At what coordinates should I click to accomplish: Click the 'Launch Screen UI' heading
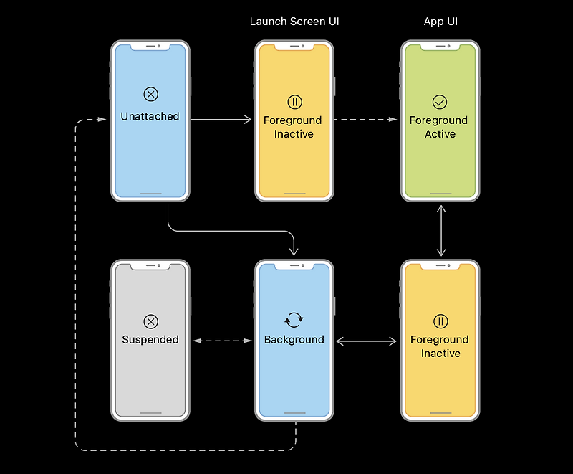pyautogui.click(x=294, y=22)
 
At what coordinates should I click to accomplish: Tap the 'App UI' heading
pyautogui.click(x=440, y=22)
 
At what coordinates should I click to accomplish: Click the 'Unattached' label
pyautogui.click(x=150, y=116)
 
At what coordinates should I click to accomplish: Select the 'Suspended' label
pyautogui.click(x=150, y=340)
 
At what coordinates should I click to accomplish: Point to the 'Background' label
pyautogui.click(x=294, y=340)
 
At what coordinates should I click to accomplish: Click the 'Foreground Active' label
pyautogui.click(x=439, y=127)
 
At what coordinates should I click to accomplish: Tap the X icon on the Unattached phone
pyautogui.click(x=150, y=95)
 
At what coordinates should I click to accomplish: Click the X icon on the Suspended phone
pyautogui.click(x=150, y=321)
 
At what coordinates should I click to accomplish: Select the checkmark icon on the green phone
pyautogui.click(x=440, y=102)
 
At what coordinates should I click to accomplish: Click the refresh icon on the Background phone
pyautogui.click(x=294, y=320)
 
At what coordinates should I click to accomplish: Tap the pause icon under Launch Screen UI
pyautogui.click(x=294, y=102)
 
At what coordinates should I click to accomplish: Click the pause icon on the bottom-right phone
pyautogui.click(x=440, y=321)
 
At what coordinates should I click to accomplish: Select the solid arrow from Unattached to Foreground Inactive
pyautogui.click(x=222, y=120)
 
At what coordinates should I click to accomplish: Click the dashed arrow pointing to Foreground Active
pyautogui.click(x=366, y=120)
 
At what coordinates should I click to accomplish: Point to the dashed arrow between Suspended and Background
pyautogui.click(x=222, y=341)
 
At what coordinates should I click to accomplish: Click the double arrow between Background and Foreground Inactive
pyautogui.click(x=367, y=341)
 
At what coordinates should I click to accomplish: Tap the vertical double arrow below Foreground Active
pyautogui.click(x=441, y=230)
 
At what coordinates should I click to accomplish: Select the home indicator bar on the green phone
pyautogui.click(x=440, y=193)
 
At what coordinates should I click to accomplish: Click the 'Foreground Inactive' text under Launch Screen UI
pyautogui.click(x=293, y=127)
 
